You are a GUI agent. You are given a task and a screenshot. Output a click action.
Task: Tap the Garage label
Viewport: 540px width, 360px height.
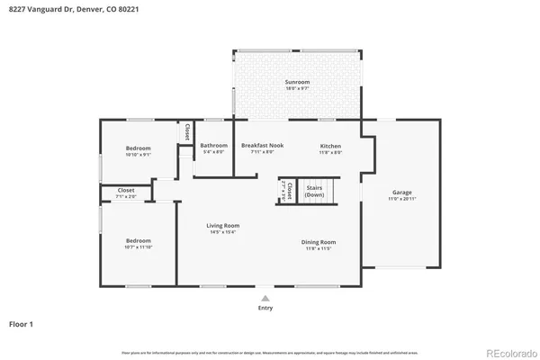pyautogui.click(x=401, y=193)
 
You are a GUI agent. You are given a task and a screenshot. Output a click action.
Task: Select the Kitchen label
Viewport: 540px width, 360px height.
pyautogui.click(x=331, y=146)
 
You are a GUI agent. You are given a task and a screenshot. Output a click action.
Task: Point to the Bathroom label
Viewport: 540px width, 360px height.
pyautogui.click(x=214, y=146)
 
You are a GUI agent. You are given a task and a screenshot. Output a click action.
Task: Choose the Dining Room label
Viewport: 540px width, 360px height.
pyautogui.click(x=318, y=241)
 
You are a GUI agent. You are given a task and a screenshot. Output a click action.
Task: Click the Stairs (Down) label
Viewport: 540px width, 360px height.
pyautogui.click(x=315, y=191)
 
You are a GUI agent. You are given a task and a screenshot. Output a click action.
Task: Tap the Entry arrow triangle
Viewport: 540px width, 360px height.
pyautogui.click(x=265, y=297)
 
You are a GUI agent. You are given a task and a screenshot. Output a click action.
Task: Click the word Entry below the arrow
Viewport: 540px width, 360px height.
pyautogui.click(x=265, y=307)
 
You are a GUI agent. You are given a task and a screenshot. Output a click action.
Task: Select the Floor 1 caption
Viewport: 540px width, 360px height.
pyautogui.click(x=22, y=322)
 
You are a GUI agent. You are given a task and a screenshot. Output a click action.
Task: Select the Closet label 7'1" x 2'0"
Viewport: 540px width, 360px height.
pyautogui.click(x=126, y=193)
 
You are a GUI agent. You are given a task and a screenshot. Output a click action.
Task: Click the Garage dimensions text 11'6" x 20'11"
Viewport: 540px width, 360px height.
pyautogui.click(x=401, y=198)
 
